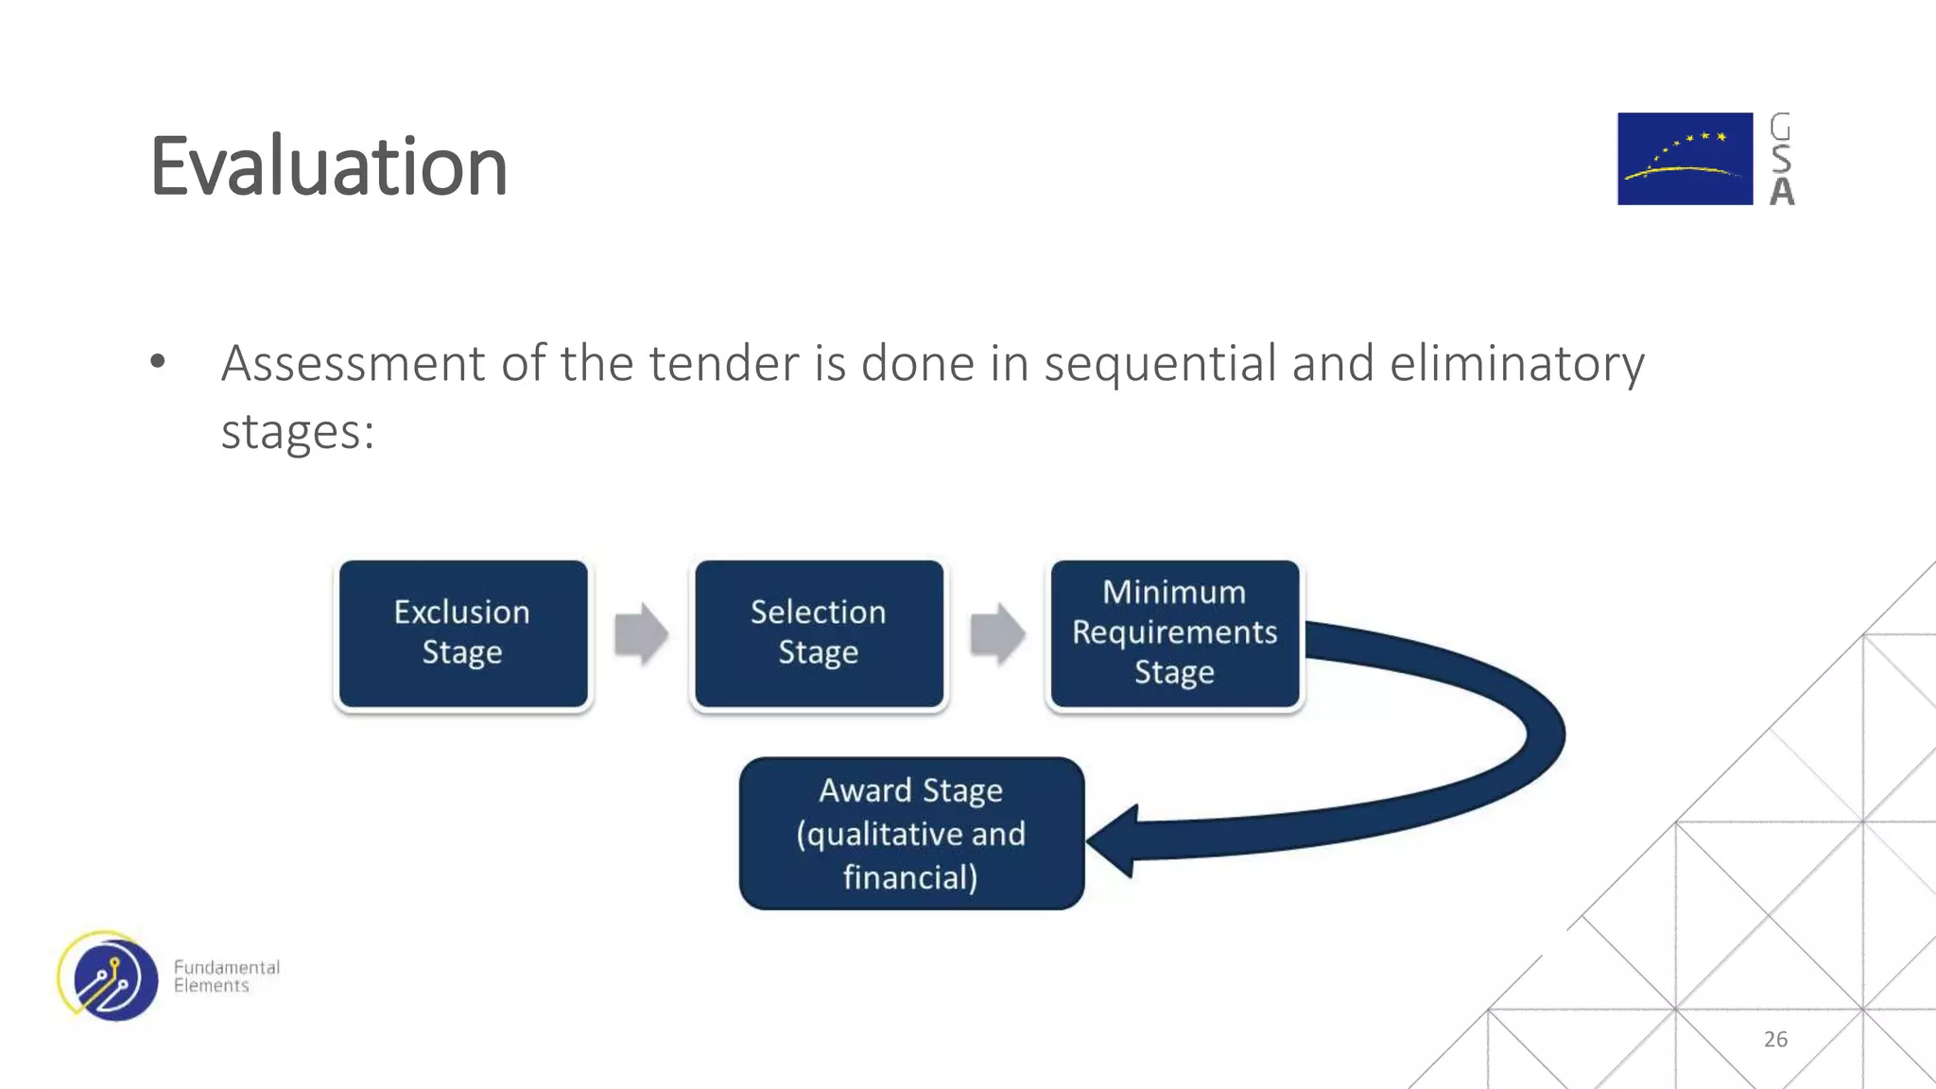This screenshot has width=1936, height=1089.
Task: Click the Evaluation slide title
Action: click(x=329, y=166)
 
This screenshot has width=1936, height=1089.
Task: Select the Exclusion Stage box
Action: click(x=463, y=633)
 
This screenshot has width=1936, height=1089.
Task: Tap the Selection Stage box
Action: click(x=819, y=633)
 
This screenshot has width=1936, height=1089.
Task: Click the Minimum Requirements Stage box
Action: click(x=1174, y=633)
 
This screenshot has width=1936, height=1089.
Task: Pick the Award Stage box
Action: click(x=911, y=834)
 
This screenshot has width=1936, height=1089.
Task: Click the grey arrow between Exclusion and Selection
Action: click(x=641, y=633)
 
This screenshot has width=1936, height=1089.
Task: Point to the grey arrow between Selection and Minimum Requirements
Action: click(x=997, y=633)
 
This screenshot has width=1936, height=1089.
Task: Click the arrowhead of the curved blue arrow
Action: click(x=1115, y=840)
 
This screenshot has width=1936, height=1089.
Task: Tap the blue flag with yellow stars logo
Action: click(x=1685, y=159)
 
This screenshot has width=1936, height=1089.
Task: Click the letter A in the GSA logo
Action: click(x=1782, y=192)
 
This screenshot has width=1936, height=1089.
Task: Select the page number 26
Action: click(x=1775, y=1039)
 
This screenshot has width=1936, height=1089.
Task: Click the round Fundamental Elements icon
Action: click(x=109, y=977)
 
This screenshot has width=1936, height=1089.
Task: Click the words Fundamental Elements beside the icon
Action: click(x=226, y=977)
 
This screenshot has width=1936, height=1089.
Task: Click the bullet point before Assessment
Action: click(x=158, y=361)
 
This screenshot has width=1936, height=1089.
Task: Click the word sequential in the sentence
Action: click(x=1160, y=364)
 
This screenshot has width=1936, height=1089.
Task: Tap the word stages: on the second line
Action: click(x=298, y=433)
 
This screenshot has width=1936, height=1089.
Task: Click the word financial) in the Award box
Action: click(x=910, y=877)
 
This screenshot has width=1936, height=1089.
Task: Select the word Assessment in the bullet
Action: click(x=353, y=364)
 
